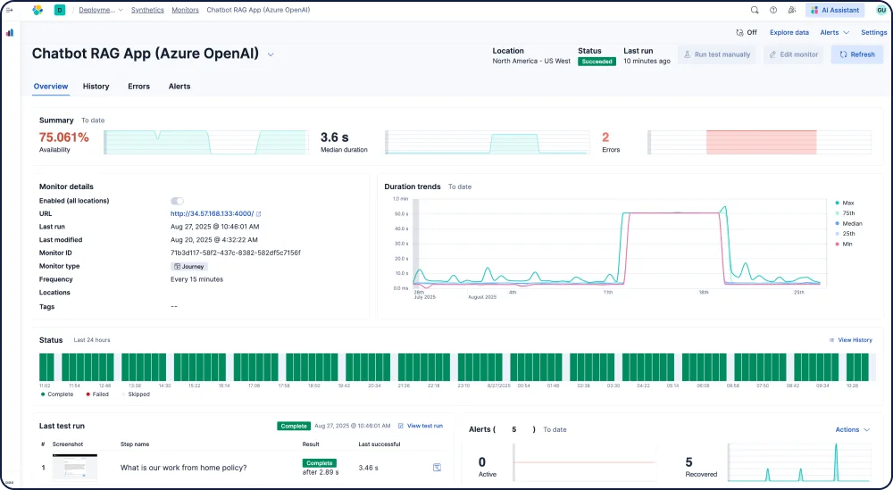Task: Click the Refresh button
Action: [x=857, y=54]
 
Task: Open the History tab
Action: [x=96, y=87]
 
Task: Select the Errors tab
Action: [x=138, y=87]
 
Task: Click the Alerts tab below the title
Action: [x=179, y=87]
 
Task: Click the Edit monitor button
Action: [x=793, y=54]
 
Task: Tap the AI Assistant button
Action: [x=834, y=10]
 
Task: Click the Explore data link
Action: [x=789, y=32]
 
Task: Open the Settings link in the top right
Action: [x=873, y=32]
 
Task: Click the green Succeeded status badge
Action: [x=597, y=62]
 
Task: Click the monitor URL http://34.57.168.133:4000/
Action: [x=213, y=214]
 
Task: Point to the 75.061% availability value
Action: [x=64, y=137]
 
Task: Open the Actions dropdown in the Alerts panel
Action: [x=852, y=429]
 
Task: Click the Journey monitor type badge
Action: [x=189, y=266]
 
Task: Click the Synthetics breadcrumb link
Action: [x=147, y=10]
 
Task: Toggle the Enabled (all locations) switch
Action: [x=177, y=201]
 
